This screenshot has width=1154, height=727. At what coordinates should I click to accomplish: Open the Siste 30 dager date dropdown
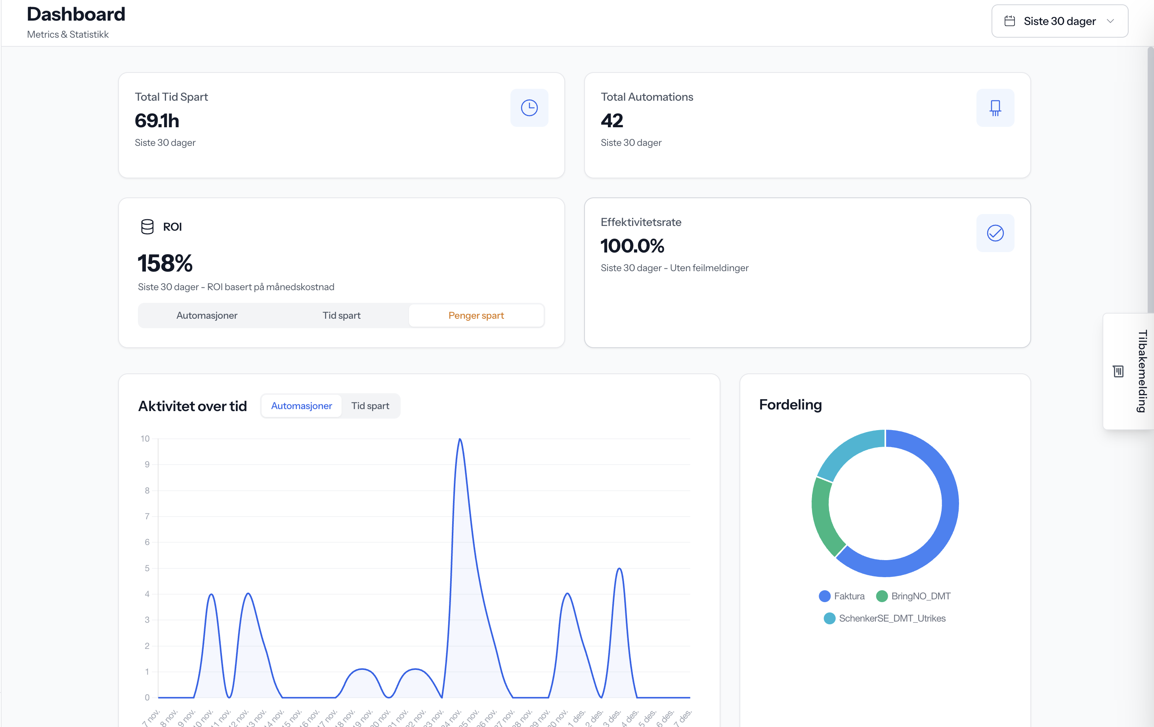(x=1059, y=21)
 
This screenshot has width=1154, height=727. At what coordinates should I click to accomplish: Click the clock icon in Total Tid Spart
(x=529, y=108)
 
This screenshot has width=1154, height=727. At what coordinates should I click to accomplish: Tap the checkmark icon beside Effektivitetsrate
(x=995, y=233)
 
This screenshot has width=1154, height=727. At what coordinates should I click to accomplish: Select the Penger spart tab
(x=476, y=315)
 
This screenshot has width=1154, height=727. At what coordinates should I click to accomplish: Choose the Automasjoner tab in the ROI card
(x=206, y=315)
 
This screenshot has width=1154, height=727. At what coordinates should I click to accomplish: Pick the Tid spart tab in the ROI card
(x=341, y=315)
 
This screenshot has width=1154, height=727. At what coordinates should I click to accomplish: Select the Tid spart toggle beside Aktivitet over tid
(x=370, y=406)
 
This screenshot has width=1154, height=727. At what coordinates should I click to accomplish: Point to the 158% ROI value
(x=165, y=263)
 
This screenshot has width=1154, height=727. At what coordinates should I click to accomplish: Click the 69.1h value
(x=157, y=121)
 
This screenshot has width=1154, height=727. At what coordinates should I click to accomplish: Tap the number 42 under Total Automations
(x=611, y=121)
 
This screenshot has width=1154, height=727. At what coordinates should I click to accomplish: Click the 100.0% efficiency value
(x=632, y=246)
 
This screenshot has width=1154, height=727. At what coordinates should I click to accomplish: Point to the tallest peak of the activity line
(x=460, y=440)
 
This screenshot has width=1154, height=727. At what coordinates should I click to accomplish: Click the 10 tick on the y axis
(x=145, y=438)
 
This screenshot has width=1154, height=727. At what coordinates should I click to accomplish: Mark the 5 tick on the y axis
(x=147, y=568)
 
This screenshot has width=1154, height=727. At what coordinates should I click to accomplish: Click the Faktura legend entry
(x=842, y=596)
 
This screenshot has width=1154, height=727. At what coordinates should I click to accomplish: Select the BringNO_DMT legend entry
(x=913, y=596)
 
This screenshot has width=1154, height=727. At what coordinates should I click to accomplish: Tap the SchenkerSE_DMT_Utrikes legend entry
(x=885, y=618)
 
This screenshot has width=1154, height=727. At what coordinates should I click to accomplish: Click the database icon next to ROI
(x=147, y=227)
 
